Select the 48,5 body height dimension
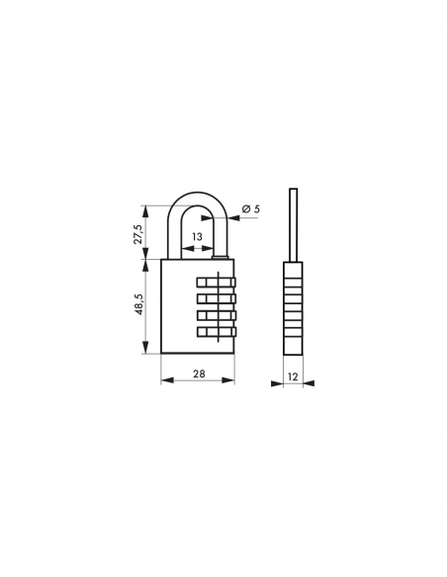coord(138,307)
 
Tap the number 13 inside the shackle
coord(198,237)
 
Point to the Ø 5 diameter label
coord(250,208)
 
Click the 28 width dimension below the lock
coord(198,374)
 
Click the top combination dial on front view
coord(217,281)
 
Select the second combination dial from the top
coord(217,297)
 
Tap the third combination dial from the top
coord(217,314)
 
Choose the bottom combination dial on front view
coord(217,331)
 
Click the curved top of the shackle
coord(198,197)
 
